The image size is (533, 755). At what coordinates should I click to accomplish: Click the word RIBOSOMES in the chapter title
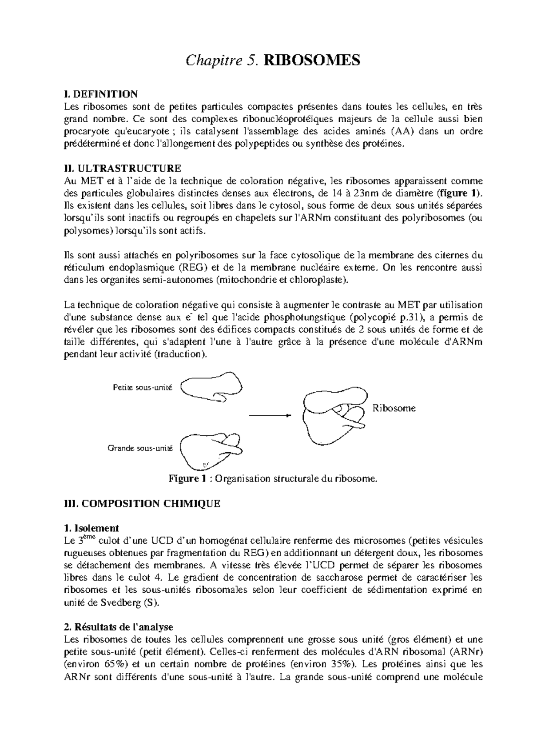coord(311,60)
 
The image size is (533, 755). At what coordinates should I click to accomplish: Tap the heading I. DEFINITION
coord(101,94)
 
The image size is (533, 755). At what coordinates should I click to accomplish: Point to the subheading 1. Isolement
coord(91,528)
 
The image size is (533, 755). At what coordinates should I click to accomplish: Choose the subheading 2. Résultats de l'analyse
coord(118,627)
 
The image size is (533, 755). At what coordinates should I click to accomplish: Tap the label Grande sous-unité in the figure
coord(140,448)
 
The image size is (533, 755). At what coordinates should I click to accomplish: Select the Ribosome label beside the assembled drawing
coord(394,408)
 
